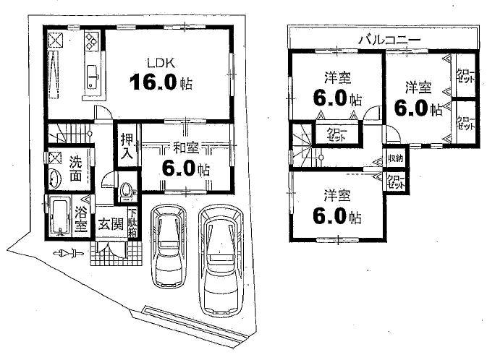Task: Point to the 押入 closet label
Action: (126, 145)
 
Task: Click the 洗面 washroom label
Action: (76, 168)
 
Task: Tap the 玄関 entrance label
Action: (109, 224)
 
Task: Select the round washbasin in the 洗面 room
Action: (54, 179)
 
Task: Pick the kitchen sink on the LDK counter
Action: (93, 75)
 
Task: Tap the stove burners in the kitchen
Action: (92, 40)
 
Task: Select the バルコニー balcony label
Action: (383, 38)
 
